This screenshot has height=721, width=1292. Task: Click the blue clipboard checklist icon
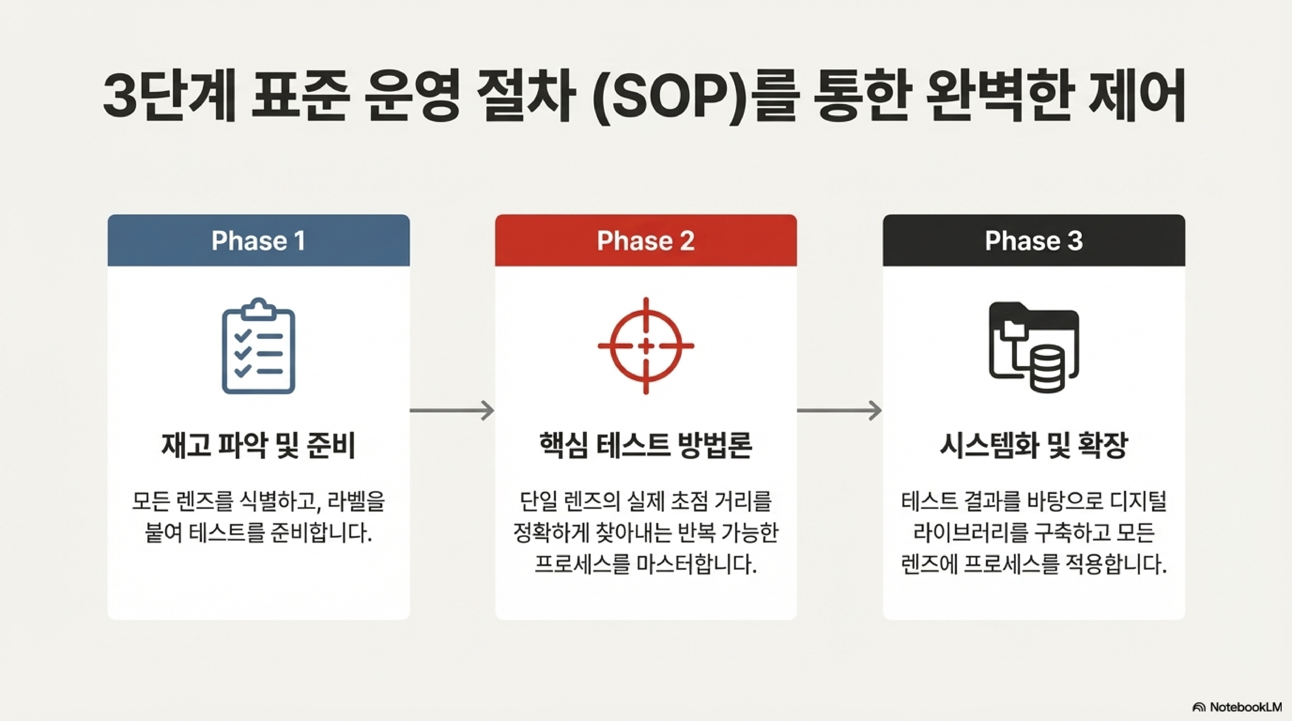[x=258, y=346]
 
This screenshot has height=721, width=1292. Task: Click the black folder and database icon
[x=1034, y=346]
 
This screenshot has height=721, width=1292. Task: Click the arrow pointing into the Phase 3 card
[x=839, y=411]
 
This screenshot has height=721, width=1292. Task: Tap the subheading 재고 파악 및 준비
[x=258, y=445]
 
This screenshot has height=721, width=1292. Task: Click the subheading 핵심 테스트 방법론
[x=645, y=445]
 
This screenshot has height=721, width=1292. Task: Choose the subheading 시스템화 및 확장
[x=1034, y=445]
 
